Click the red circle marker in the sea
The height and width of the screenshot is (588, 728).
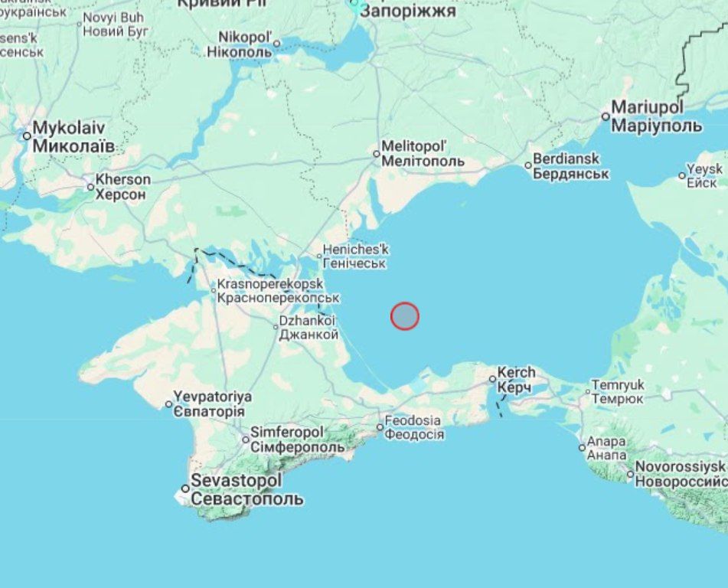click(405, 315)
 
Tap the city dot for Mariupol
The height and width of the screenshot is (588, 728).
click(606, 116)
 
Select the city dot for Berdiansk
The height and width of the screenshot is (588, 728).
click(528, 165)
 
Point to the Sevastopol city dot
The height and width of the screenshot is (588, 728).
click(185, 488)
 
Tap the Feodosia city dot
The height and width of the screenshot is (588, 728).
click(380, 427)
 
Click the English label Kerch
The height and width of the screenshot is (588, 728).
click(517, 373)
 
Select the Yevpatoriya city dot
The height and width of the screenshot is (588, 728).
click(169, 404)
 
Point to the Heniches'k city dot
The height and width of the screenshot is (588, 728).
click(319, 256)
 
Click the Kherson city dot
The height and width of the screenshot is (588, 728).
click(90, 187)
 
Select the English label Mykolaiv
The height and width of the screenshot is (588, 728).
click(68, 128)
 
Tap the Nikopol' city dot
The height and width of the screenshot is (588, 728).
click(276, 43)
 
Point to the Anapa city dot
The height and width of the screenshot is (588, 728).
click(582, 448)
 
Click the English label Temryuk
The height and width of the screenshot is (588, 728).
click(618, 385)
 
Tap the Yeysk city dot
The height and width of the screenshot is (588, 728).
click(682, 175)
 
